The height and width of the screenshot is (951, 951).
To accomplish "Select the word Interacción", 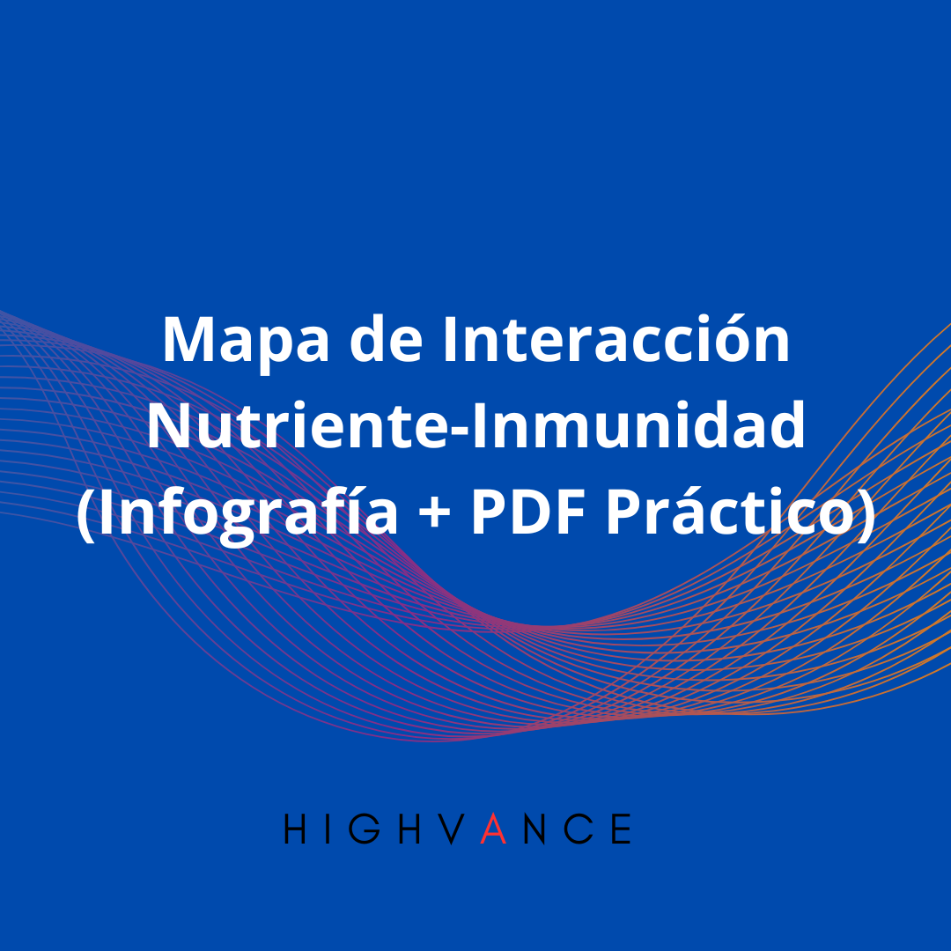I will pos(616,341).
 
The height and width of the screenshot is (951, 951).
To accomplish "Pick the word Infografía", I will pos(247,513).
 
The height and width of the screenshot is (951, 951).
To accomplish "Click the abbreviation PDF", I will pos(529,513).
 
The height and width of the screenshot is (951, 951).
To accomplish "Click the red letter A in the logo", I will pos(494,829).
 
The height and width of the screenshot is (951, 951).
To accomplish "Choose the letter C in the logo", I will pos(579,829).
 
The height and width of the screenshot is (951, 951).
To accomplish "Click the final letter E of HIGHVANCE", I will pos(622,829).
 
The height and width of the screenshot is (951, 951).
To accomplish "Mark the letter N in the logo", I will pos(536,829).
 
